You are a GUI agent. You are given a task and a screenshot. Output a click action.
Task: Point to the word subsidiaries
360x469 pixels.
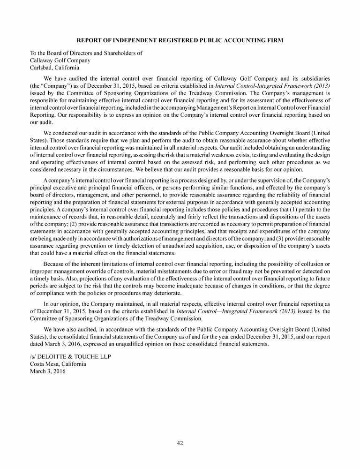[313, 78]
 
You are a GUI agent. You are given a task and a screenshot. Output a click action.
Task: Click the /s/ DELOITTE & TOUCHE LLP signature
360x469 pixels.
[71, 356]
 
